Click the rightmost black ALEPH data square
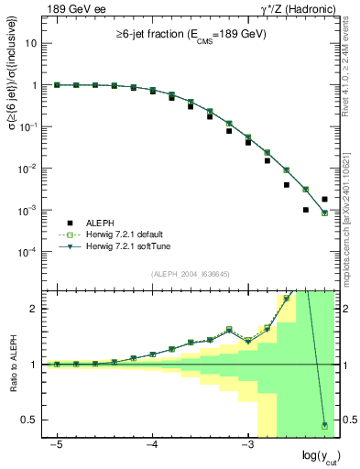324,199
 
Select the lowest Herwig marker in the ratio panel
324,425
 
